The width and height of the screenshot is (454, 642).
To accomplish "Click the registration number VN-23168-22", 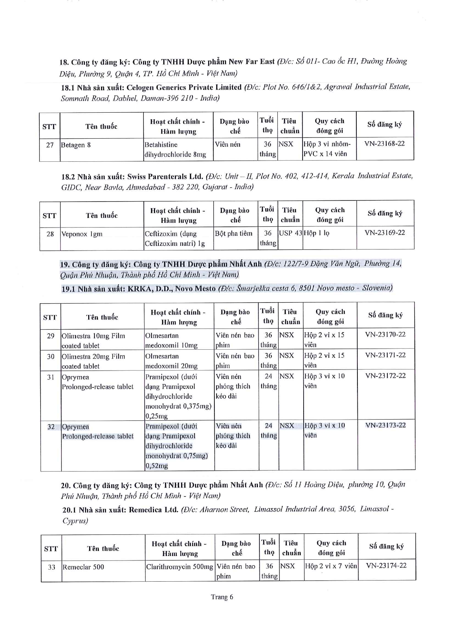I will point(384,143).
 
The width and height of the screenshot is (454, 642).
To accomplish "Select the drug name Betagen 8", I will point(76,145).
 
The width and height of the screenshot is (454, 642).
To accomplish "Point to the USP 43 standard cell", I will point(290,233).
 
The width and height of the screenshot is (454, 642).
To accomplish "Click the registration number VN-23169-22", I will point(385,232).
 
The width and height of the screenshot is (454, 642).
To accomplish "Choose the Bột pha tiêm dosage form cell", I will point(234,233).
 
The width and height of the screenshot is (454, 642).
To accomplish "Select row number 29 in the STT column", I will point(50,336).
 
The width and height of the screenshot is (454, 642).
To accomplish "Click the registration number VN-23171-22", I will point(385,355).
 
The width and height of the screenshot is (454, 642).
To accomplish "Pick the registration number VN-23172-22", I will point(385,375).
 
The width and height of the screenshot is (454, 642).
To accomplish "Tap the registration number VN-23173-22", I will point(385,425).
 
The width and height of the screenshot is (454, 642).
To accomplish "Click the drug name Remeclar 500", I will point(83,567).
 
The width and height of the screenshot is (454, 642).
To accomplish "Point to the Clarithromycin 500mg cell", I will point(179,567).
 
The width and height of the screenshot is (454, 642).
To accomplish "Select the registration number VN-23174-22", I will point(386,565).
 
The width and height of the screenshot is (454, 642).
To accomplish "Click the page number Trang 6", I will point(222,597).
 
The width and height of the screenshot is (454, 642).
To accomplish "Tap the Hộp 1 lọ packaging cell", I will point(316,233).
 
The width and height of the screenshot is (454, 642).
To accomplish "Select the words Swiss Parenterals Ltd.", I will point(165,177).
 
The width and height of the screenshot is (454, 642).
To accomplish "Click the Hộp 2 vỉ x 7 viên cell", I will point(331,566).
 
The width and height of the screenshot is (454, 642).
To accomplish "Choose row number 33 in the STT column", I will point(51,567).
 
